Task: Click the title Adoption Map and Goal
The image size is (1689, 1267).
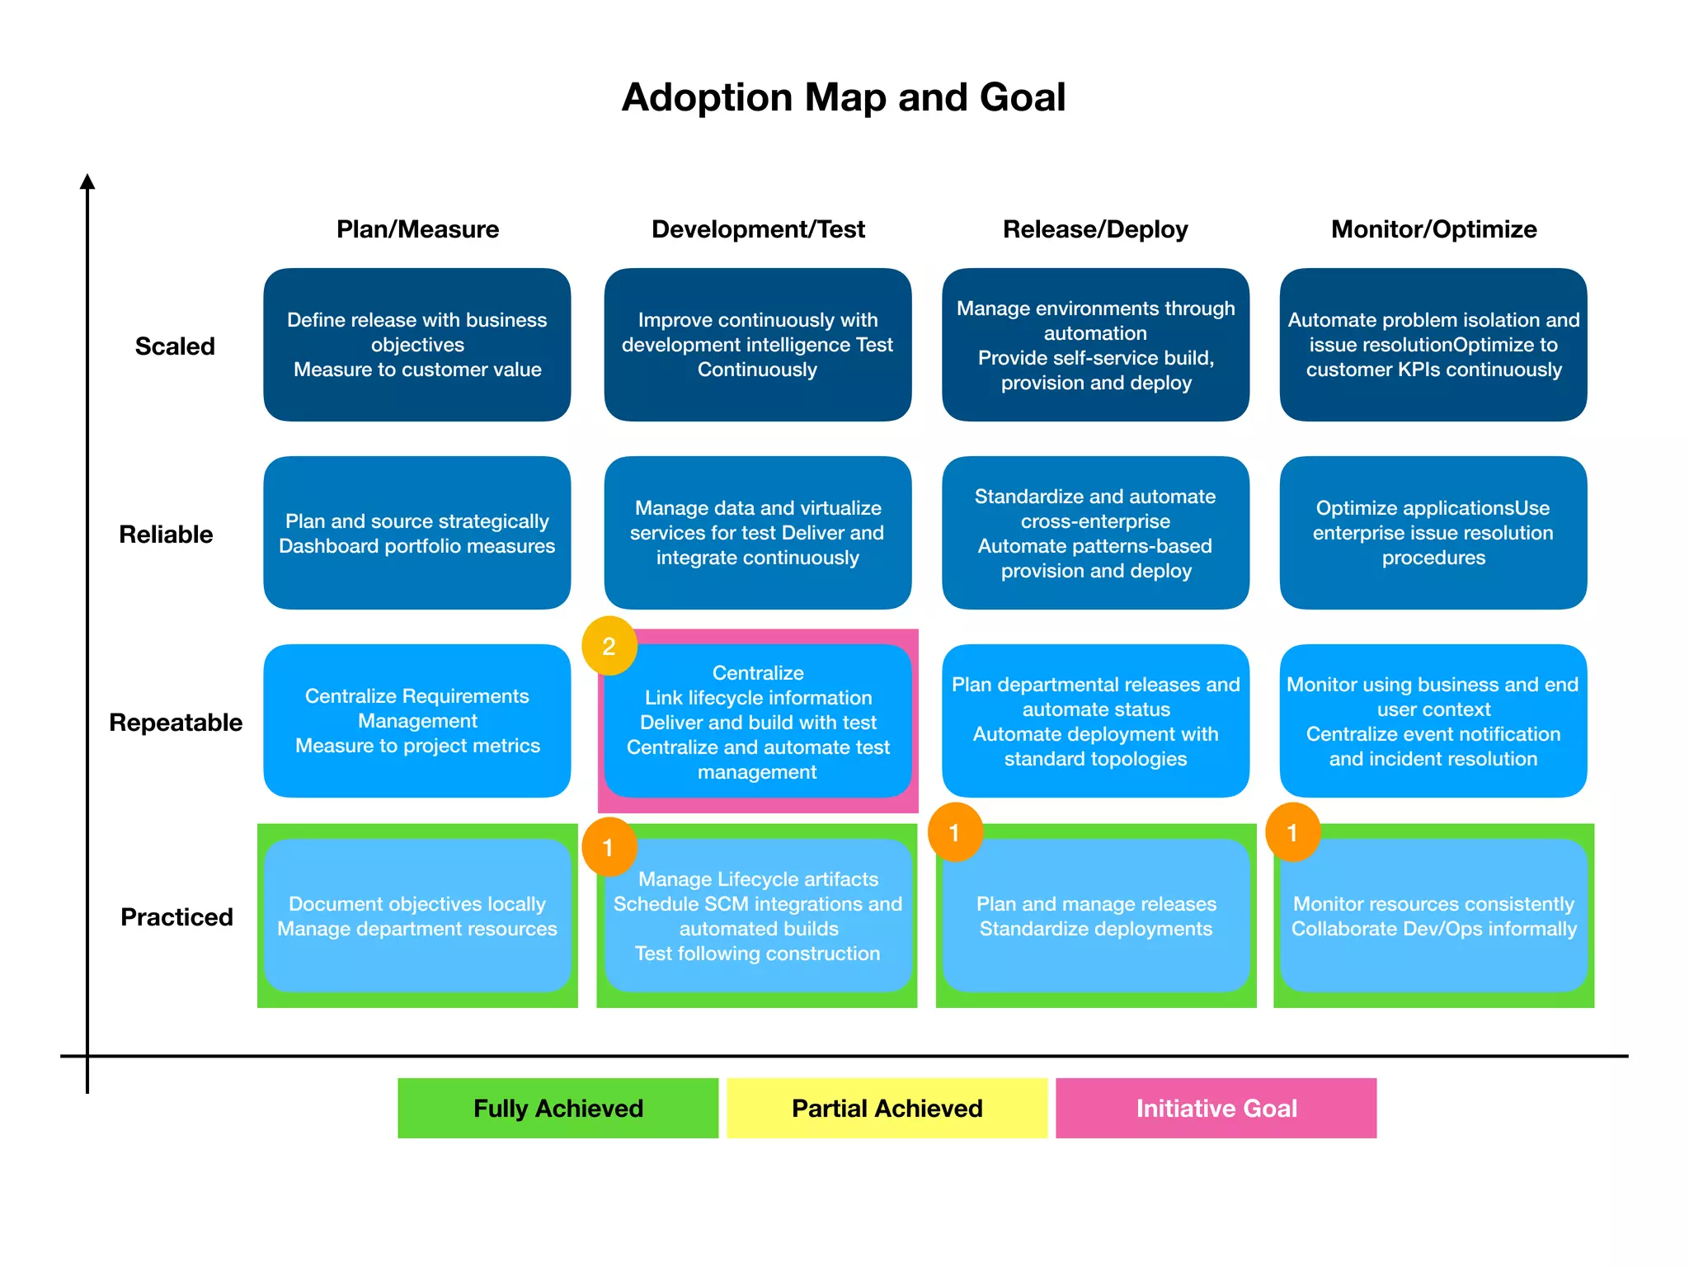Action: click(x=843, y=97)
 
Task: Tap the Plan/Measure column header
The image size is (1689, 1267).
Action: click(x=417, y=229)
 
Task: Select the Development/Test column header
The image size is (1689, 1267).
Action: click(x=758, y=229)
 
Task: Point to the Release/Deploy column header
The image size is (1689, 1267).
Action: click(x=1095, y=229)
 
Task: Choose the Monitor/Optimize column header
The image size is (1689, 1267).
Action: click(x=1433, y=229)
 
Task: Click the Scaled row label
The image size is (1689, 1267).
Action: click(x=175, y=346)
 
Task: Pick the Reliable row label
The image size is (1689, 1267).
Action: click(x=166, y=535)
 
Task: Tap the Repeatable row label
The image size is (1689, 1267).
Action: click(x=176, y=723)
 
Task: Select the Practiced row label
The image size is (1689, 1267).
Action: click(x=176, y=917)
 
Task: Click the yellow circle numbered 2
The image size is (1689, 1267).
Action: click(x=609, y=646)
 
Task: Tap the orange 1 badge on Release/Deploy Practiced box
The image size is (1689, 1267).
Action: click(x=955, y=832)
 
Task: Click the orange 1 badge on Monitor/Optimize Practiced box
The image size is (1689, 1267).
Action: click(x=1292, y=832)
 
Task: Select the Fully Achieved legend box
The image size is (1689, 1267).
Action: click(x=558, y=1108)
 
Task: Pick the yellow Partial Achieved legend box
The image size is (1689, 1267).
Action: click(x=887, y=1108)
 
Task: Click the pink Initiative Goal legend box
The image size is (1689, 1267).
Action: click(x=1216, y=1108)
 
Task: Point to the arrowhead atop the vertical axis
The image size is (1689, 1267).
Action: click(x=87, y=181)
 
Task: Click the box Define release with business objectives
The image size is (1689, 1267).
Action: click(x=417, y=345)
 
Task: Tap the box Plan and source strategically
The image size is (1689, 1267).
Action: click(x=417, y=533)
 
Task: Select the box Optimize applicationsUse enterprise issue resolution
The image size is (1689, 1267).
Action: click(x=1433, y=533)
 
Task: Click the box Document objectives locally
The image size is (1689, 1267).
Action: click(x=417, y=916)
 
